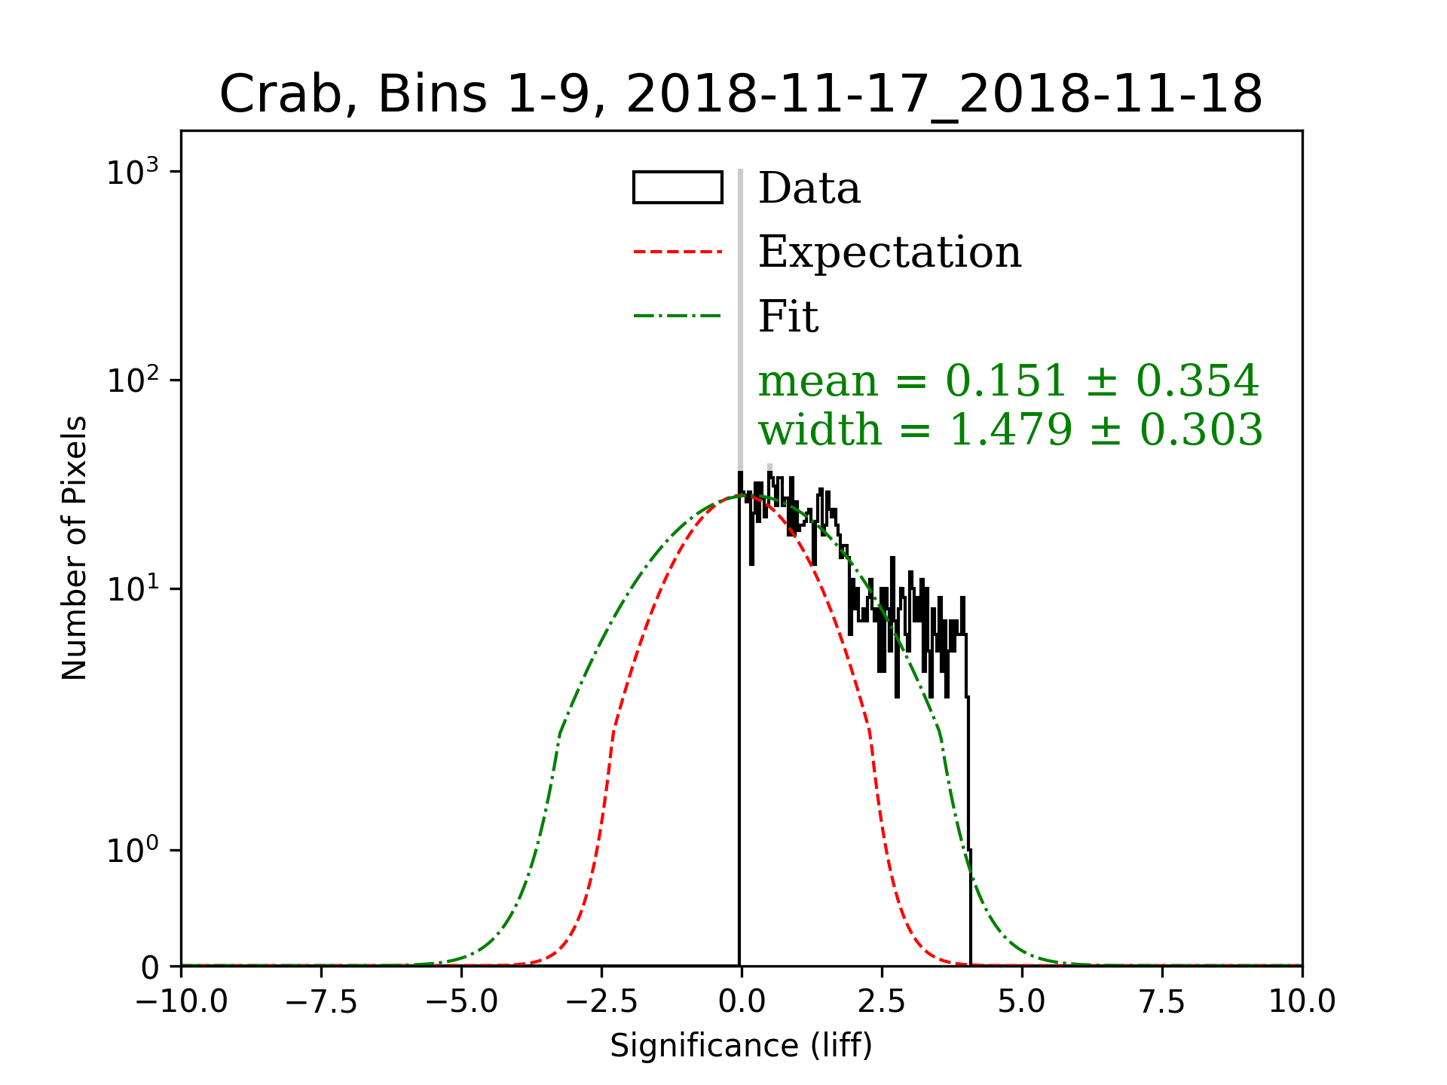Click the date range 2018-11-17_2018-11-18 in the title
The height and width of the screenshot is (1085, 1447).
944,96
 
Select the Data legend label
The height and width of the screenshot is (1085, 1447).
809,188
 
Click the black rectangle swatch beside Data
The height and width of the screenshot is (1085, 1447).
678,188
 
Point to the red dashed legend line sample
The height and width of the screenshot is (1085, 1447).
678,252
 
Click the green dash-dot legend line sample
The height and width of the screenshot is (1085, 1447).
678,315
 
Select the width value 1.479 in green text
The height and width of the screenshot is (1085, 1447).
1010,430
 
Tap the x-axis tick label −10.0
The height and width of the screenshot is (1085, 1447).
182,1002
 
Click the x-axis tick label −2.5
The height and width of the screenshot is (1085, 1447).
601,1002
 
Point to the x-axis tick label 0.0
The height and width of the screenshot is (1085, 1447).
742,1002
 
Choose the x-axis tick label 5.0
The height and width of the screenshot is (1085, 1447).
1022,1002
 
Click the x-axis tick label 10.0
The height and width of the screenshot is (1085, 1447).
1302,1002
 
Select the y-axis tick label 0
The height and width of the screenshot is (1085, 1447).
150,968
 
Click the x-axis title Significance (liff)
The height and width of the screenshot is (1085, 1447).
741,1046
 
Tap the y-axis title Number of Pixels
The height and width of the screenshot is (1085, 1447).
75,548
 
